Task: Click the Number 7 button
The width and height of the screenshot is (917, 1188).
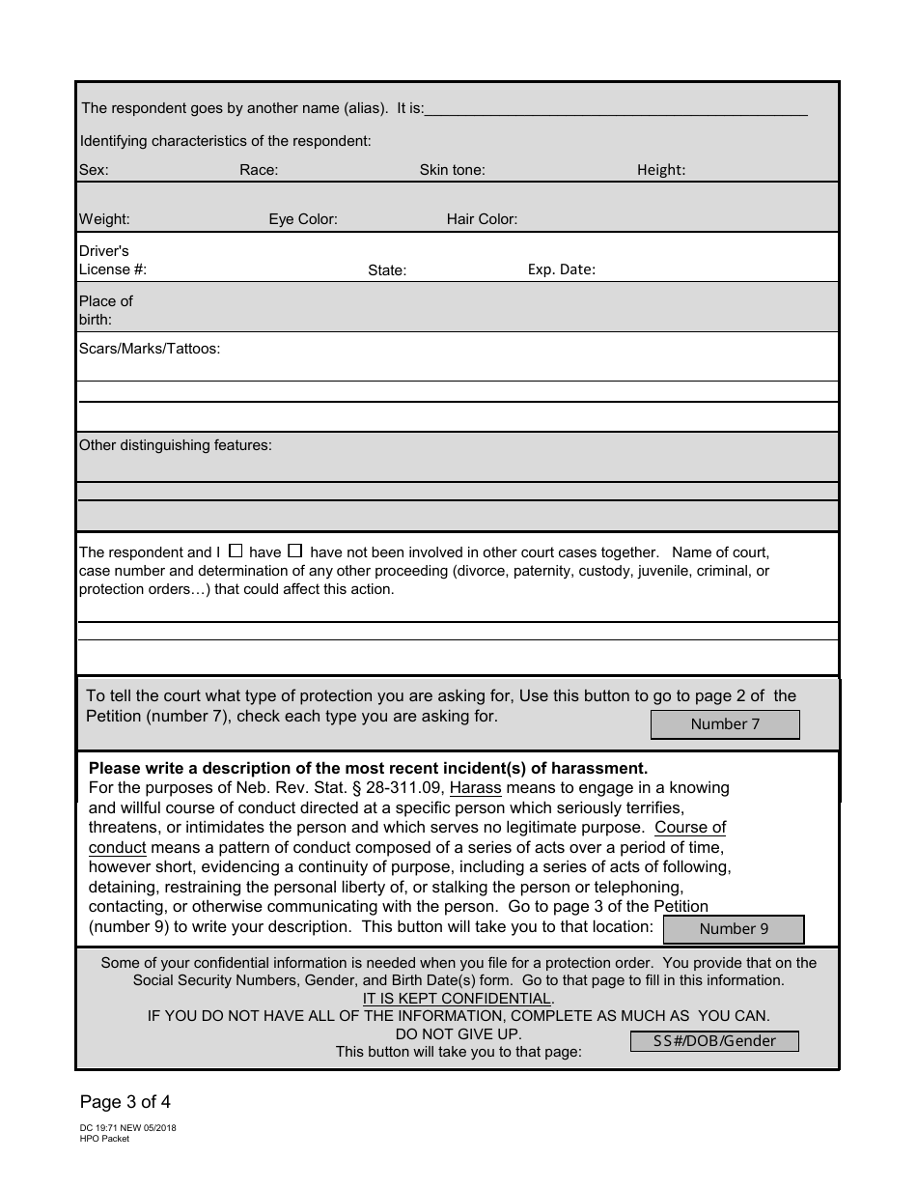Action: coord(725,724)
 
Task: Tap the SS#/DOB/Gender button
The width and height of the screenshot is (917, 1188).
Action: coord(714,1041)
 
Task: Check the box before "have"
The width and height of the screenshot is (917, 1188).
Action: coord(236,552)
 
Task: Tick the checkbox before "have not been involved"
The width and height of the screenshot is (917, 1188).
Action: coord(296,552)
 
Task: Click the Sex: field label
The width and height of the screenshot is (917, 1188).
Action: coord(94,170)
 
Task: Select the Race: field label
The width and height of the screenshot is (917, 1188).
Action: coord(259,170)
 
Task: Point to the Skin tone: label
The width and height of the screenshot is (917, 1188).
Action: coord(452,170)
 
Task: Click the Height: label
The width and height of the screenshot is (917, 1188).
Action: coord(661,170)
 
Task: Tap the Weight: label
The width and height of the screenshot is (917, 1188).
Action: coord(104,219)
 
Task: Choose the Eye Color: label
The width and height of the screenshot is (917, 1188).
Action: coord(303,219)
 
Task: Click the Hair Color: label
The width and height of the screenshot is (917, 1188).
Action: coord(482,219)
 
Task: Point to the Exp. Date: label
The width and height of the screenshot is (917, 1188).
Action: coord(561,269)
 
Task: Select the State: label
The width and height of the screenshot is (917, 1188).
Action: coord(387,270)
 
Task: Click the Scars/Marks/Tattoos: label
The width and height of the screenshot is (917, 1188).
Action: coord(150,349)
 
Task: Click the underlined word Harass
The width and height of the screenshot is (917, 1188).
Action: coord(475,788)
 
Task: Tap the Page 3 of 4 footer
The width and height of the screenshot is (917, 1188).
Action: coord(125,1101)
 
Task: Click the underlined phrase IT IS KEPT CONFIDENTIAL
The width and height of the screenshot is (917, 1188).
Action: coord(458,998)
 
